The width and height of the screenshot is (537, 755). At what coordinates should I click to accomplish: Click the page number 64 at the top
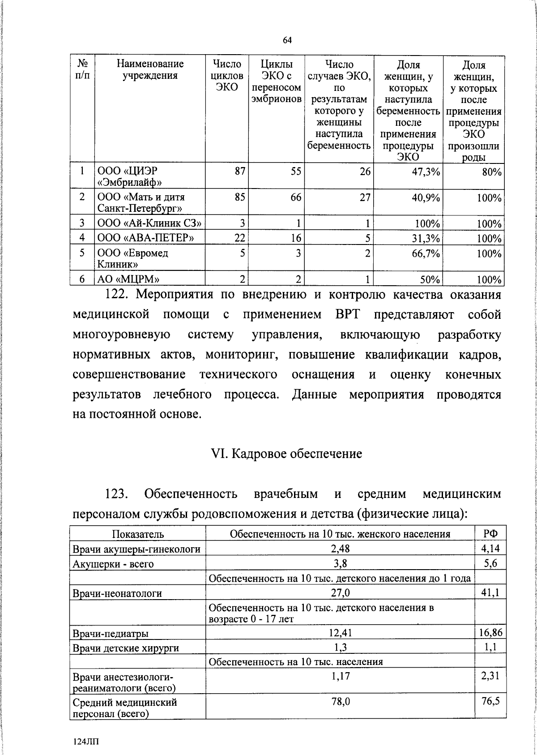[x=287, y=41]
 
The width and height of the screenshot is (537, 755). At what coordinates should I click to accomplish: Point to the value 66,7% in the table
[x=426, y=253]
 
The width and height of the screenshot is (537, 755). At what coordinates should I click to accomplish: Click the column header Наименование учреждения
[x=150, y=70]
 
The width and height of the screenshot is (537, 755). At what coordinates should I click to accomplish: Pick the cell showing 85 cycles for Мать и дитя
[x=239, y=197]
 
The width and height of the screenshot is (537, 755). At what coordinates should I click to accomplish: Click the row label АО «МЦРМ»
[x=128, y=279]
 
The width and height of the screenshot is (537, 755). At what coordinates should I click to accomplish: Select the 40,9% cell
[x=426, y=197]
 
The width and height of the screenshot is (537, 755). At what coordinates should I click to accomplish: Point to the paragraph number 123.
[x=117, y=494]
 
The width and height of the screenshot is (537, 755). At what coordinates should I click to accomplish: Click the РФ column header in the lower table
[x=491, y=534]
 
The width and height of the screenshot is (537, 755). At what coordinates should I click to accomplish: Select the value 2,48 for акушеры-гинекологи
[x=340, y=549]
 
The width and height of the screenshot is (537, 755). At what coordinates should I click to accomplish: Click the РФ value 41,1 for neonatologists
[x=490, y=593]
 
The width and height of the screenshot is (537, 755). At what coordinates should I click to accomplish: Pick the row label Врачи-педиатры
[x=110, y=633]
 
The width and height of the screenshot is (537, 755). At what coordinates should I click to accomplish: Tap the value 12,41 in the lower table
[x=340, y=633]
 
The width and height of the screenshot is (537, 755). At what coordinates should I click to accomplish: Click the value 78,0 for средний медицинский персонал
[x=340, y=702]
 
